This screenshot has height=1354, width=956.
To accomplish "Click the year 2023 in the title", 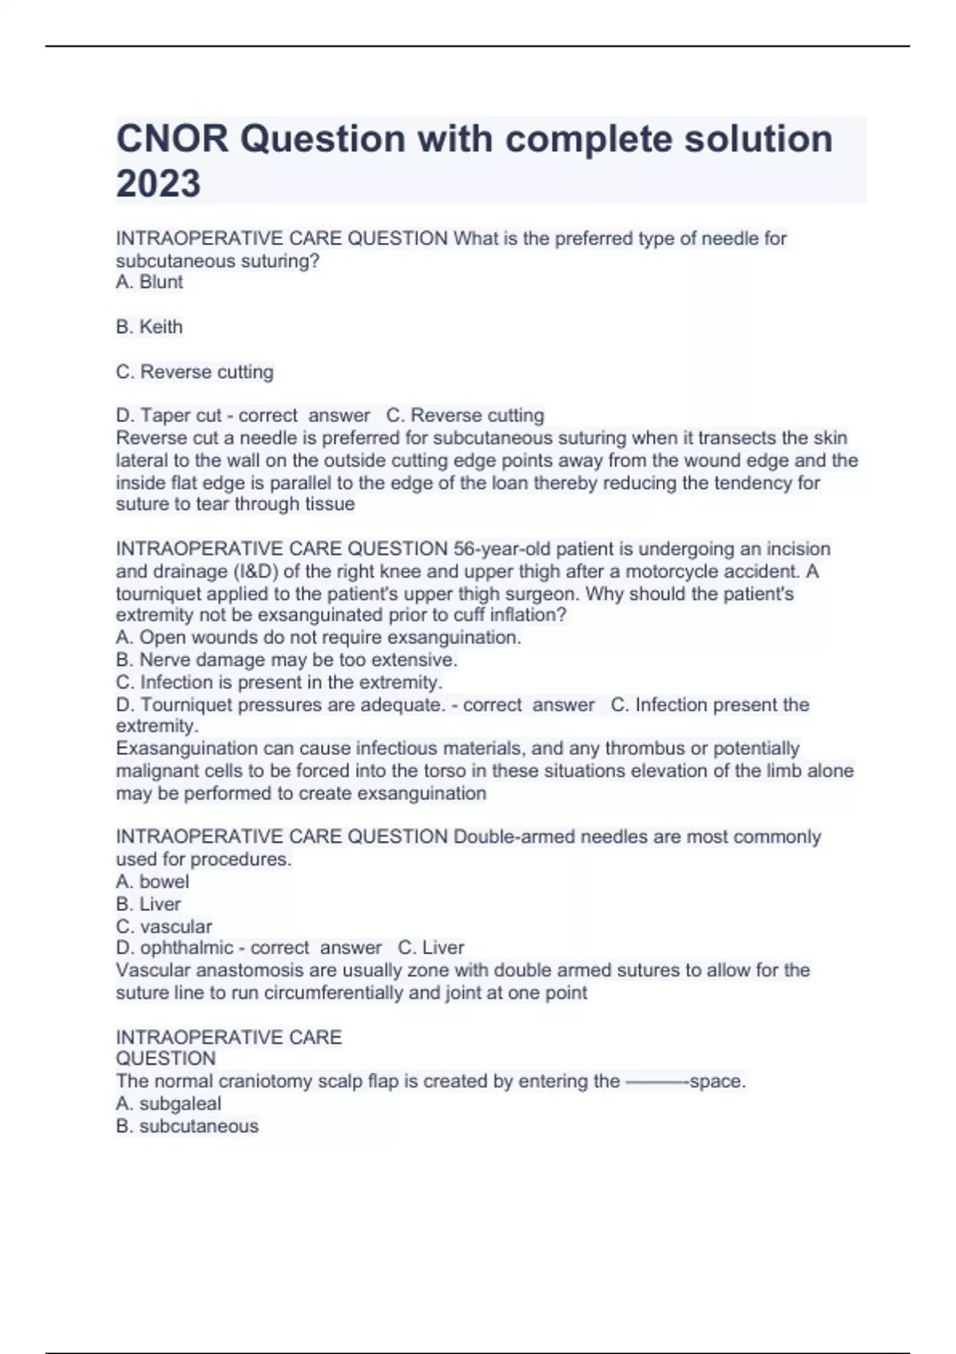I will click(x=159, y=184).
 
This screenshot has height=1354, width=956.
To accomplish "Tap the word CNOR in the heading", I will click(x=172, y=139).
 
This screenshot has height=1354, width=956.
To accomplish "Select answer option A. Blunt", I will click(x=149, y=282).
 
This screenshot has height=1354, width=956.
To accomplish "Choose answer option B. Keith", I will click(x=149, y=327).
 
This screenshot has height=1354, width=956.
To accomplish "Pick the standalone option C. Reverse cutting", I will click(x=194, y=372).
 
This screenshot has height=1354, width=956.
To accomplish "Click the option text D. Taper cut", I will click(x=169, y=416).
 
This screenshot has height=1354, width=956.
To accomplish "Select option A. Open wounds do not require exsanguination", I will click(x=318, y=637).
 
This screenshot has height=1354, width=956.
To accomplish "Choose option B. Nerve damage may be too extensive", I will click(x=286, y=659).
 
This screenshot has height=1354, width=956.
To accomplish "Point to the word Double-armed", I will click(x=514, y=837).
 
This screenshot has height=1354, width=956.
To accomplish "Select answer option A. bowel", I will click(x=152, y=882).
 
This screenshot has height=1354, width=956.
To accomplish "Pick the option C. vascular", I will click(x=163, y=926).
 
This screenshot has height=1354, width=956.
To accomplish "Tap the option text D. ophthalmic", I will click(x=174, y=948).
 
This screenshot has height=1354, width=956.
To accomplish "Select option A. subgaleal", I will click(x=168, y=1104).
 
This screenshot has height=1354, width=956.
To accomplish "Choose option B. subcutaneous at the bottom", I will click(x=187, y=1126).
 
